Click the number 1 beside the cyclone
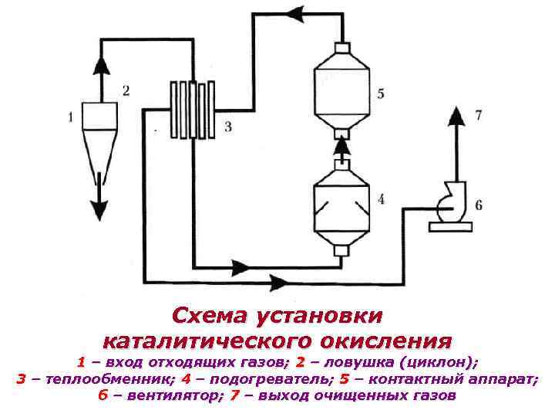tap(71, 117)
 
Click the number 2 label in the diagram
tap(126, 90)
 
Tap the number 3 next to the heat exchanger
tap(227, 126)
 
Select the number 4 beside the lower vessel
tap(381, 199)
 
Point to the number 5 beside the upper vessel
tap(381, 93)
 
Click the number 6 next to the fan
tap(479, 205)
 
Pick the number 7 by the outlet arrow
tap(479, 116)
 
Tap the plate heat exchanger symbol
tap(190, 109)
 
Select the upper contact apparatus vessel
tap(341, 86)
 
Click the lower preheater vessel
tap(341, 204)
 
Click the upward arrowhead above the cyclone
tap(99, 63)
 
